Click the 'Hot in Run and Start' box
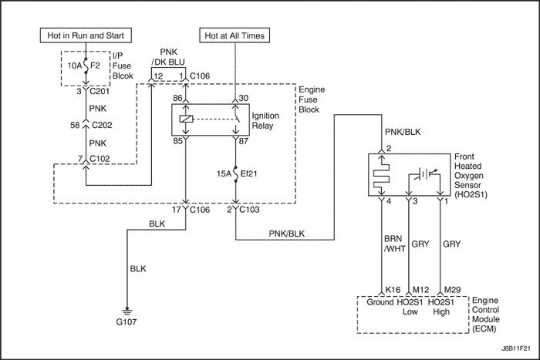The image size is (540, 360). tap(86, 35)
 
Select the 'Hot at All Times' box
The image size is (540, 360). tap(235, 35)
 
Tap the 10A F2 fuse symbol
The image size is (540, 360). tap(85, 66)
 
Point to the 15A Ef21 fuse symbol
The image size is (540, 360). tap(236, 173)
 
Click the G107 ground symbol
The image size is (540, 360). tap(127, 312)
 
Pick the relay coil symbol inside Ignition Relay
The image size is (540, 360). tap(187, 119)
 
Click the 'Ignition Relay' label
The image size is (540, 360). tap(265, 120)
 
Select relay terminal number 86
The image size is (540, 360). tap(177, 98)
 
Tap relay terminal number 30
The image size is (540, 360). tap(243, 98)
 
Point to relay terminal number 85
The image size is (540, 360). tap(177, 141)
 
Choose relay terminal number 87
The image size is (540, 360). tap(243, 141)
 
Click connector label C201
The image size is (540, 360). tap(100, 92)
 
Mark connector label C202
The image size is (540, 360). tap(102, 125)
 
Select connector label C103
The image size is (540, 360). tap(249, 210)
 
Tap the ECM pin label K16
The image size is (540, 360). tap(393, 290)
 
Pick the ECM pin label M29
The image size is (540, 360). tap(452, 290)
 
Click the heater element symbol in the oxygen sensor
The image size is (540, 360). tap(382, 175)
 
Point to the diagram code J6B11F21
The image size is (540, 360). tap(515, 348)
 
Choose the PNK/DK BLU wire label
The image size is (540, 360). tap(168, 57)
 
